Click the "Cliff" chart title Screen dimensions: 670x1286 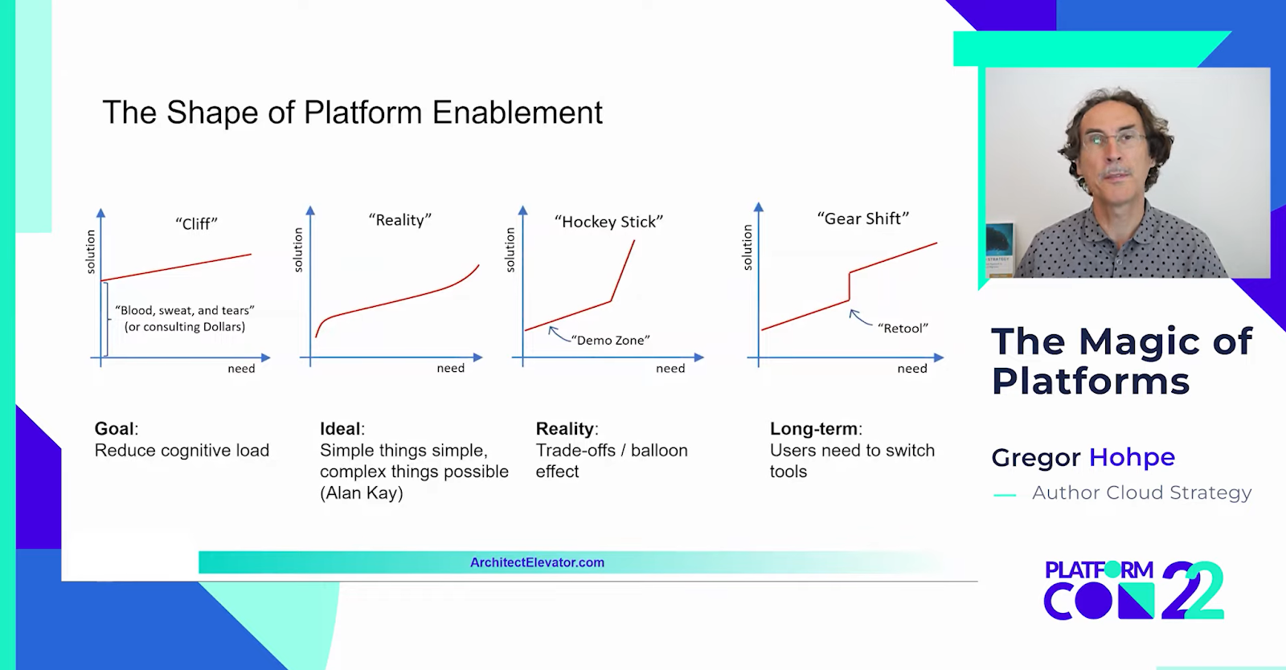click(196, 224)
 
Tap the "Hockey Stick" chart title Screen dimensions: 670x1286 click(608, 222)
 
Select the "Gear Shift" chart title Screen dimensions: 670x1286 click(862, 219)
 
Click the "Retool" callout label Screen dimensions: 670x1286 click(903, 328)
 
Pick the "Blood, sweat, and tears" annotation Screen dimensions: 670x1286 click(185, 310)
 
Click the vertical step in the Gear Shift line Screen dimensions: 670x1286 click(849, 287)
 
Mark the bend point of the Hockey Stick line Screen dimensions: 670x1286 click(611, 301)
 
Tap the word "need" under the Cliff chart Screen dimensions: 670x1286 click(241, 369)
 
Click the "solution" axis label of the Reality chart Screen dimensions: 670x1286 click(298, 250)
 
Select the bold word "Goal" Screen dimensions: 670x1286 click(115, 429)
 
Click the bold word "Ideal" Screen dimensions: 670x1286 click(341, 429)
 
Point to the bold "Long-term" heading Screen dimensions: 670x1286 click(814, 429)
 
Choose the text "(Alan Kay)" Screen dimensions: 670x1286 click(362, 493)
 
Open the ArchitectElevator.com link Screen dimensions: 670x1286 click(537, 562)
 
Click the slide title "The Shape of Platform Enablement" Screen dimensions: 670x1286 click(352, 113)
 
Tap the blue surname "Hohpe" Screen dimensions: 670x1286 click(1132, 457)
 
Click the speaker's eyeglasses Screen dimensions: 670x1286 click(1114, 140)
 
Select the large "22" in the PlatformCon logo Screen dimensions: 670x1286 click(1193, 591)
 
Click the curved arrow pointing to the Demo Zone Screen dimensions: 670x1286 click(559, 333)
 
